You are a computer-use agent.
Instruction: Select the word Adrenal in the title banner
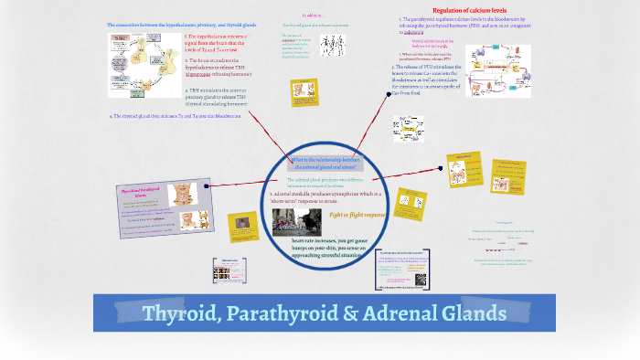point(411,313)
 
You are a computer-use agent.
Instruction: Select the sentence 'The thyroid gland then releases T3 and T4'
point(175,116)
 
